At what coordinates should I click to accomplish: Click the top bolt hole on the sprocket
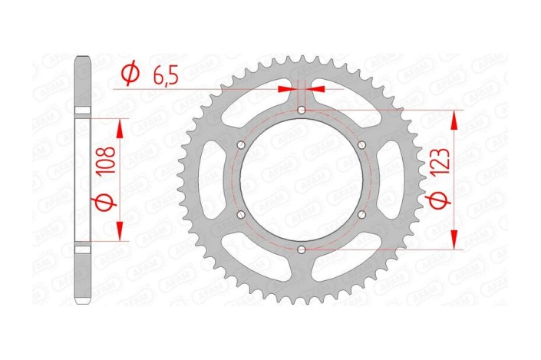[302, 111]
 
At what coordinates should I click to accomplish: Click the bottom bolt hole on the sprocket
[302, 249]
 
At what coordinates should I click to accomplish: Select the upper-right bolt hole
[361, 145]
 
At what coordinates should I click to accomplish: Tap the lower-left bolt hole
[241, 215]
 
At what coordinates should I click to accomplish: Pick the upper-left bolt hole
[241, 145]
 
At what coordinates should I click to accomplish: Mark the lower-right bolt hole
[361, 215]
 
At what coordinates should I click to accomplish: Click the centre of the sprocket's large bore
[302, 180]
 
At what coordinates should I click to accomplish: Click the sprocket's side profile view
[82, 180]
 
